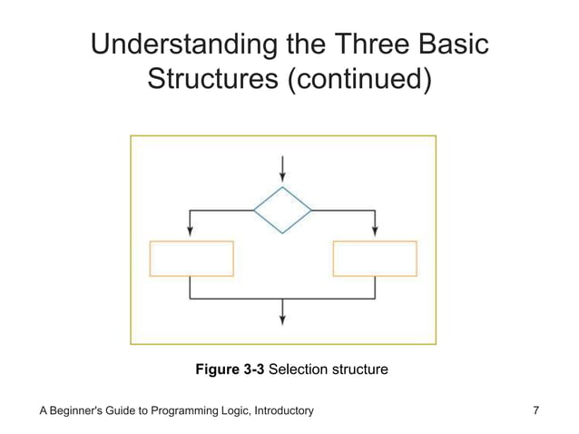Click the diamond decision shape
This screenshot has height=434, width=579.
283,211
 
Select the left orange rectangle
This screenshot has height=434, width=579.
191,258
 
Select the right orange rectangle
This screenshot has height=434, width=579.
375,258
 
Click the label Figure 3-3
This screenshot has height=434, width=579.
231,370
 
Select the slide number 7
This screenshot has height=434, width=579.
536,411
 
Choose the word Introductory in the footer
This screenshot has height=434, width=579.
280,411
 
